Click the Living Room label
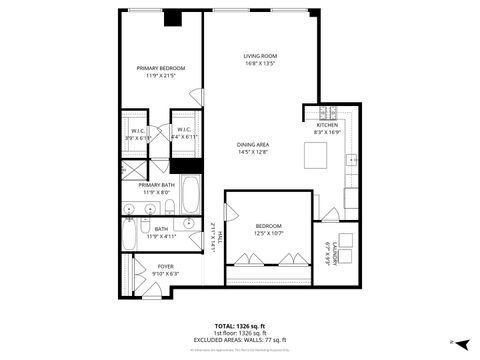tap(260, 55)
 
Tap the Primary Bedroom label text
tap(161, 68)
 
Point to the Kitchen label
tap(328, 124)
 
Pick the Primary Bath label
tap(156, 184)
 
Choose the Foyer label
tap(164, 266)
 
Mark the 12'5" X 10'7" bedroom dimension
tap(267, 233)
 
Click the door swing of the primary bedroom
tap(197, 97)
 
